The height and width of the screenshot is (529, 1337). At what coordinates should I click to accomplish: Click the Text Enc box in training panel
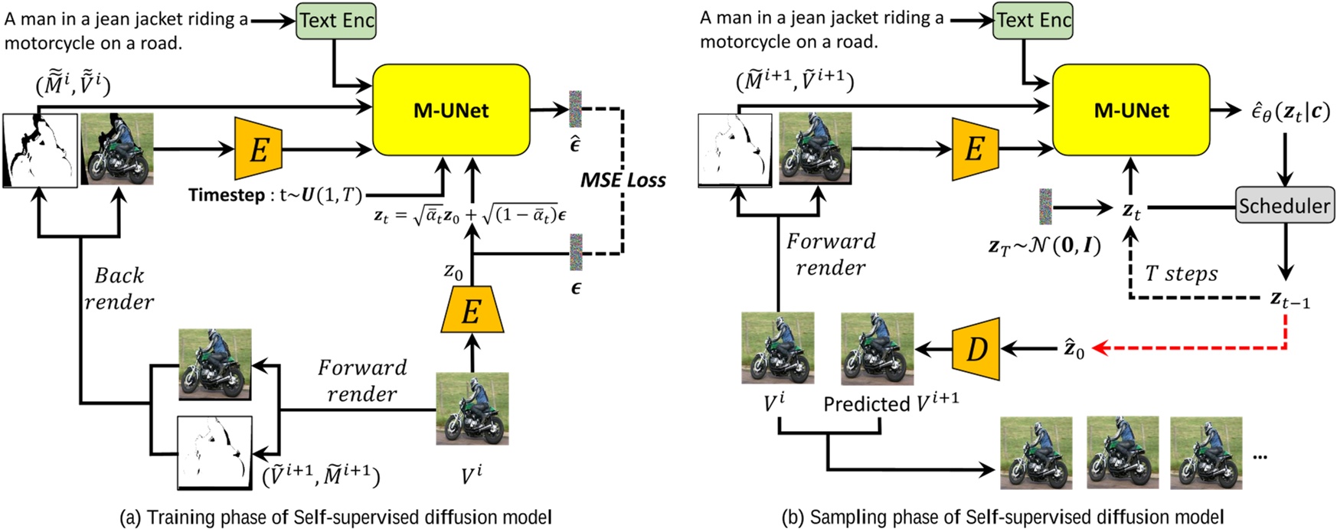click(x=336, y=20)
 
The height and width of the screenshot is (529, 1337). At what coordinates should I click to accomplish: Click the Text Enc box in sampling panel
click(x=1033, y=20)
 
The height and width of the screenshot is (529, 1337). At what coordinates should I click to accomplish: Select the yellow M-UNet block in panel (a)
click(x=451, y=109)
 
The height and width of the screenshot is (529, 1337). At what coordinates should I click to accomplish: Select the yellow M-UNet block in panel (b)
click(x=1131, y=109)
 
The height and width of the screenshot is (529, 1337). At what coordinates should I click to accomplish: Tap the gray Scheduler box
click(x=1284, y=205)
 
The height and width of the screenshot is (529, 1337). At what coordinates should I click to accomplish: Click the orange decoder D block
click(x=976, y=349)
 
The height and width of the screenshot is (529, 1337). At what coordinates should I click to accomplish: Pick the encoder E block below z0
click(x=471, y=311)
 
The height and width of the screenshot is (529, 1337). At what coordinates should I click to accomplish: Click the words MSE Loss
click(x=623, y=180)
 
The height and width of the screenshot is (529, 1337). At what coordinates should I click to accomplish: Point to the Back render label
click(x=119, y=289)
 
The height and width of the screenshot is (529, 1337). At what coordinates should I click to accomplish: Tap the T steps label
click(x=1181, y=273)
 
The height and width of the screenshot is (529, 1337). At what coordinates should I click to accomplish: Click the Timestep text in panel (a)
click(x=227, y=195)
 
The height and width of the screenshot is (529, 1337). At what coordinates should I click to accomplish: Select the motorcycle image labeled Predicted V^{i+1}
click(x=877, y=348)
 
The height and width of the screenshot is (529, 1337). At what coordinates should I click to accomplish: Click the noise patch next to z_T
click(x=1045, y=207)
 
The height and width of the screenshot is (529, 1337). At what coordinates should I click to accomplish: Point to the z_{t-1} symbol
click(x=1289, y=299)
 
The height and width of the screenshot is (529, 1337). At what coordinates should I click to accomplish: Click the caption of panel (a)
click(x=335, y=518)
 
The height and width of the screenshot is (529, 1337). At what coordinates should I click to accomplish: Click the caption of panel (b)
click(x=1002, y=518)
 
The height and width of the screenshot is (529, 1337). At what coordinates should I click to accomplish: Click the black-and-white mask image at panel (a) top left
click(x=40, y=150)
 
